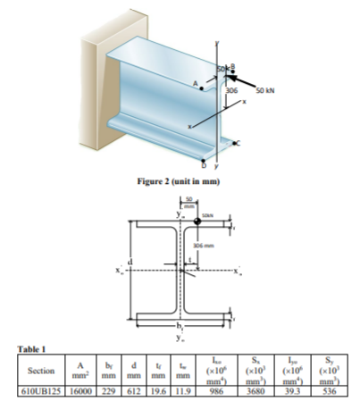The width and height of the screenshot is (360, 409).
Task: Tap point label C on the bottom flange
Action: pos(238,142)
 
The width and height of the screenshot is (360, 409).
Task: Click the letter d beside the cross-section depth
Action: pos(134,261)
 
